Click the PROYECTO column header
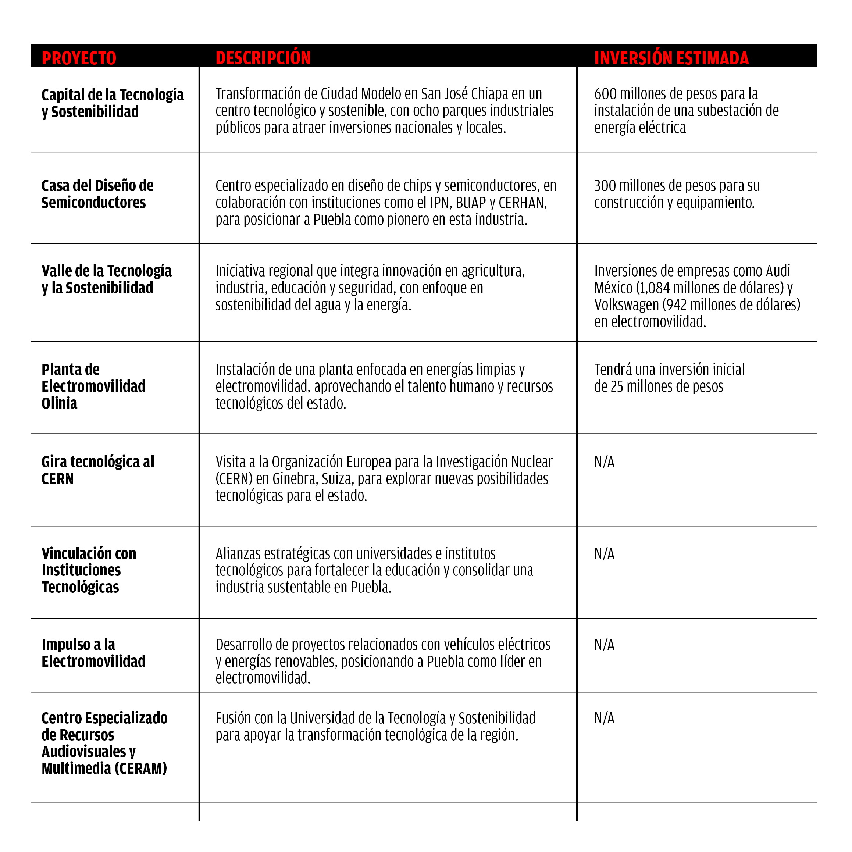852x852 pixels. (x=79, y=58)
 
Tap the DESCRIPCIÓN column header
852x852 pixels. (x=263, y=58)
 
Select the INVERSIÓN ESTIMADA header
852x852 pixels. (x=671, y=58)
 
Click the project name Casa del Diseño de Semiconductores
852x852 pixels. (x=97, y=194)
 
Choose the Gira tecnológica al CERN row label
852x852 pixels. (x=97, y=470)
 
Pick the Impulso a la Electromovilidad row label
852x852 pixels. (x=93, y=653)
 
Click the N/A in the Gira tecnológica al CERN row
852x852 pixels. (x=604, y=462)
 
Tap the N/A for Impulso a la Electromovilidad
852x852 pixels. (x=604, y=645)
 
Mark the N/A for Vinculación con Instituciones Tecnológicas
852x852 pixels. (x=604, y=554)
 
